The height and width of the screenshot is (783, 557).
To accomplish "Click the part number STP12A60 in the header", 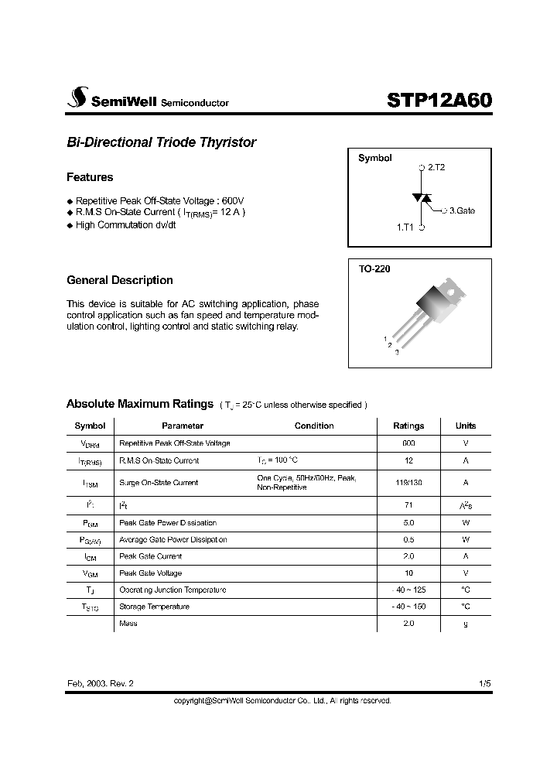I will point(438,101).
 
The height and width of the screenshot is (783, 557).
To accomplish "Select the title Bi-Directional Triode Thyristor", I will point(161,142).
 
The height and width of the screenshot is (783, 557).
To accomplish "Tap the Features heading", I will point(90,177).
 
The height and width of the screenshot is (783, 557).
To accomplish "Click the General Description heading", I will point(120,280).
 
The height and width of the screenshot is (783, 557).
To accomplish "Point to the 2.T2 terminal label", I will point(436,167).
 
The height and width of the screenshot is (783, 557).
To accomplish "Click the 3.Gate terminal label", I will point(462,210).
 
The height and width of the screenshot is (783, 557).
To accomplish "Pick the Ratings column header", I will point(408,426).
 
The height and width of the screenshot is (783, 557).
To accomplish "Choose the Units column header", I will point(466,426).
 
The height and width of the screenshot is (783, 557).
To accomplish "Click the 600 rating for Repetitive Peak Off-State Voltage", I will point(408,443).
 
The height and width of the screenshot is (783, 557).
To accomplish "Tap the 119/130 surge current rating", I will point(408,482).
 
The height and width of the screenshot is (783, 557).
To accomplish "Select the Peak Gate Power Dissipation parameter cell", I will point(167,523).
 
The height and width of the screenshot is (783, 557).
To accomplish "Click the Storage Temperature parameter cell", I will point(153,607).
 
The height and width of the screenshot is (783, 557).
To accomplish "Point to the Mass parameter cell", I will point(128,624).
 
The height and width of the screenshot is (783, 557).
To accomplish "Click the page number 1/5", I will point(484,684).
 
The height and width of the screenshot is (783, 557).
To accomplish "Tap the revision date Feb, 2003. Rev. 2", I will point(105,684).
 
